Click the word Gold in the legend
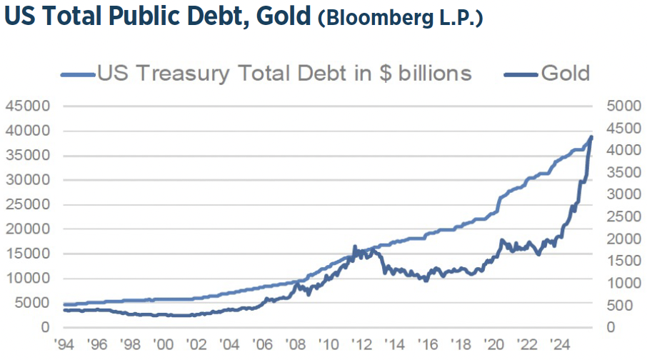(x=566, y=73)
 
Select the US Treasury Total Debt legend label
(x=284, y=73)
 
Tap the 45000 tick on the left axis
(x=26, y=106)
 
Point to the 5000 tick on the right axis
(x=619, y=106)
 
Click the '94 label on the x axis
(x=64, y=344)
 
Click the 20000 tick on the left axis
(x=26, y=229)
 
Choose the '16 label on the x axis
(x=428, y=344)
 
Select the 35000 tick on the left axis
(x=26, y=156)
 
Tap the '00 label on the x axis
(x=163, y=344)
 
